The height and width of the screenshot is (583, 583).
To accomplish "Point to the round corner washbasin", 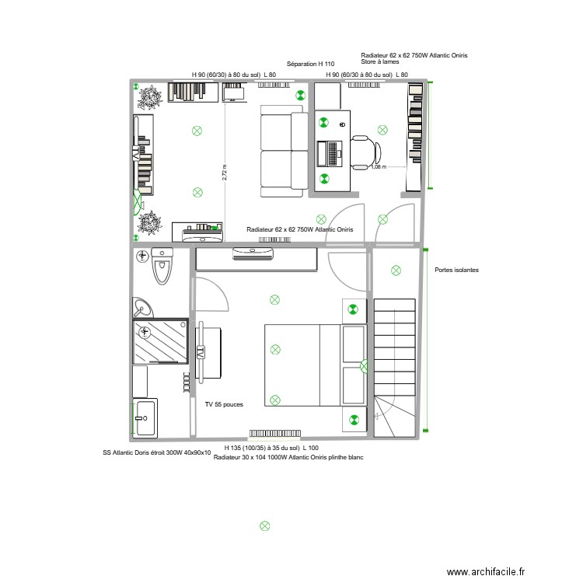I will coord(141,308).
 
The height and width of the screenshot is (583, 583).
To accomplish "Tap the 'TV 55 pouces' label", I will coord(225,405).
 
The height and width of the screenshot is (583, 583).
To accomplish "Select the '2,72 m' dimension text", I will coord(225,173).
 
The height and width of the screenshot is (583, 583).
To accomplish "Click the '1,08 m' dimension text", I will coord(378,166).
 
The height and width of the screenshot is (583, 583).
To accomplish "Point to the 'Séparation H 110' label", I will coord(310,63).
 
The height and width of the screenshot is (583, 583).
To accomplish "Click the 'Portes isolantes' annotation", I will coord(457,270).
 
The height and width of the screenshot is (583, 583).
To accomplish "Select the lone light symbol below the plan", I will coord(264,525).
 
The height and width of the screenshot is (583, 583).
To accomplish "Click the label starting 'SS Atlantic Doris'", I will coord(156,452).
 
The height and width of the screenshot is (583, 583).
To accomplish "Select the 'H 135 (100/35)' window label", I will coord(271,449).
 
